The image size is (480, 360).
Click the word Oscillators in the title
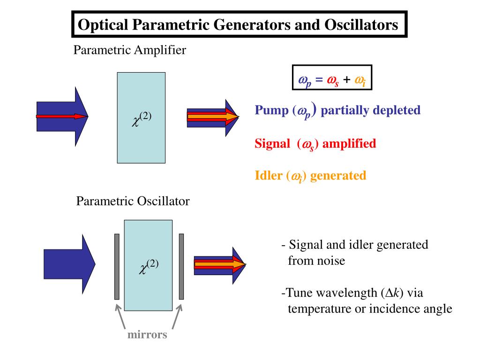pos(361,24)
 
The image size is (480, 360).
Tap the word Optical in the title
pos(103,25)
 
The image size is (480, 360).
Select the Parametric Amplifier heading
pos(129,50)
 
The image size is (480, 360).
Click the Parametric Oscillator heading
pos(133,201)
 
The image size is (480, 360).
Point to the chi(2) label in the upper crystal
pos(142,119)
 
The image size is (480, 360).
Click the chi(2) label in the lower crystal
pos(149,267)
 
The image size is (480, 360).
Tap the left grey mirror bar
pos(117,267)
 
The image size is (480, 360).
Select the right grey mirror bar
pos(181,267)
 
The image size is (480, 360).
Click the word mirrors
pos(147,334)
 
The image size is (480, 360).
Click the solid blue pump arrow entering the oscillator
pos(69,264)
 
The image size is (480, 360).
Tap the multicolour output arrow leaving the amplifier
pos(213,118)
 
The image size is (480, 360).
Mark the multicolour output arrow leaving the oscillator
pos(220,265)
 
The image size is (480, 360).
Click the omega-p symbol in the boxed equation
pos(305,81)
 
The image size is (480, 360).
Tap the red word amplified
pos(349,143)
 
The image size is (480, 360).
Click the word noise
pos(331,261)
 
